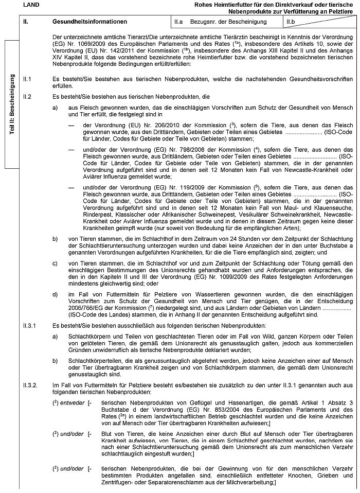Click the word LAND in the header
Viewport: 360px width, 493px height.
tap(31, 5)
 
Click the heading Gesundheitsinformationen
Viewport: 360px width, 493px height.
tap(89, 22)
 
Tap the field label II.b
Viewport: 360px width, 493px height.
tap(291, 22)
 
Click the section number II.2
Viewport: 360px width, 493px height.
tap(28, 96)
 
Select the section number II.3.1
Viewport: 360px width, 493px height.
tap(30, 326)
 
